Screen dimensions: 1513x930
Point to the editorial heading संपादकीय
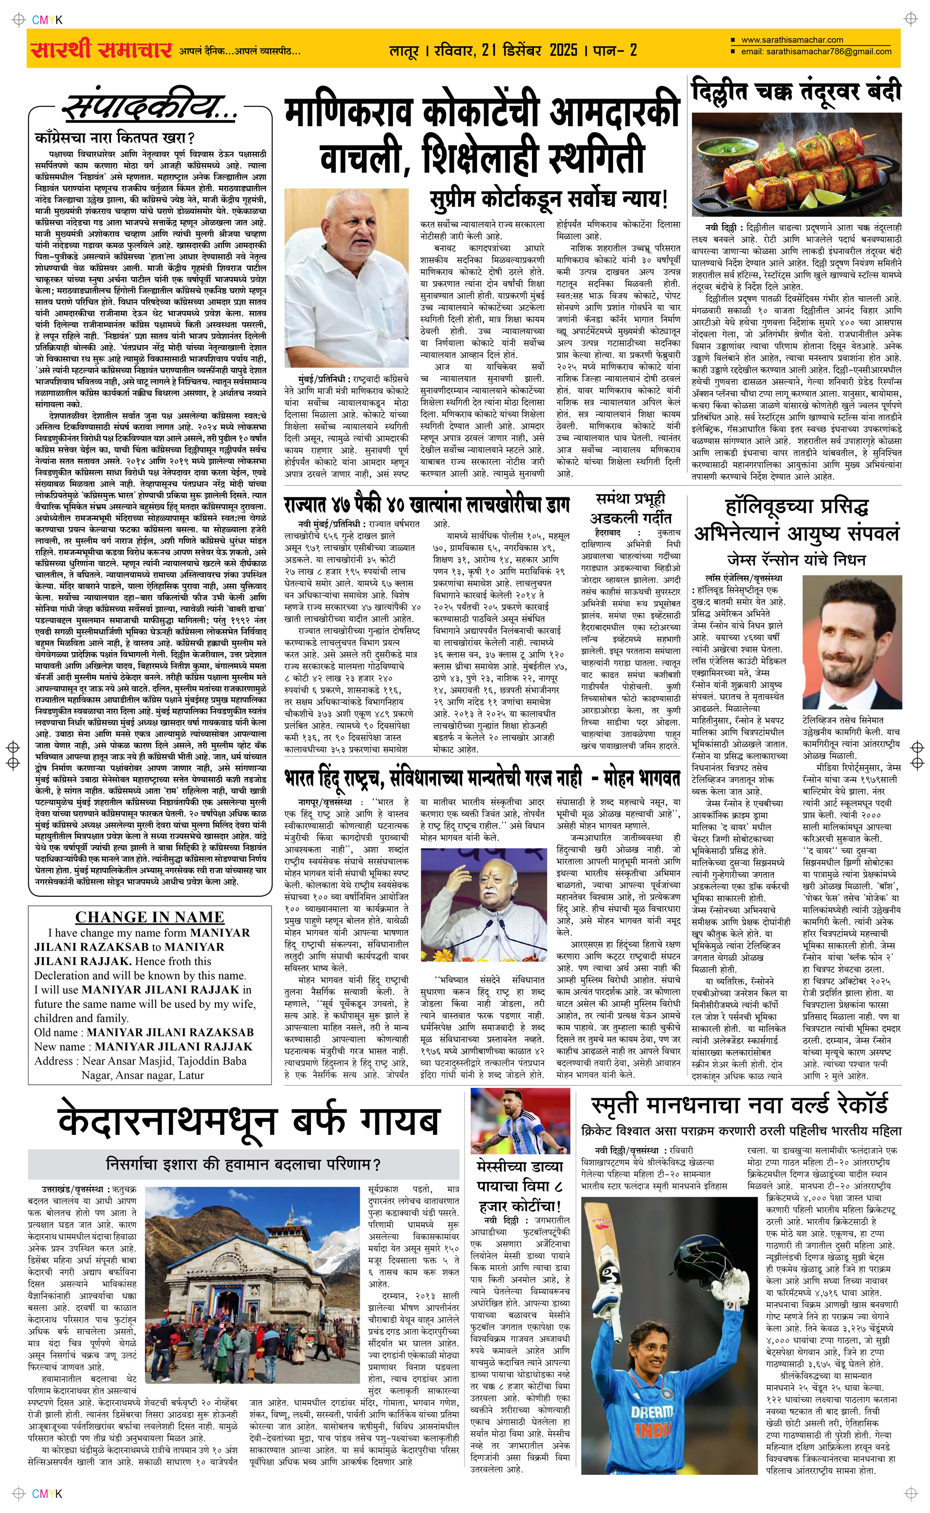151,109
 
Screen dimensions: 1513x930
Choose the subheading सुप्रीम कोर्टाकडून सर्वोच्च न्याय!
549,199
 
